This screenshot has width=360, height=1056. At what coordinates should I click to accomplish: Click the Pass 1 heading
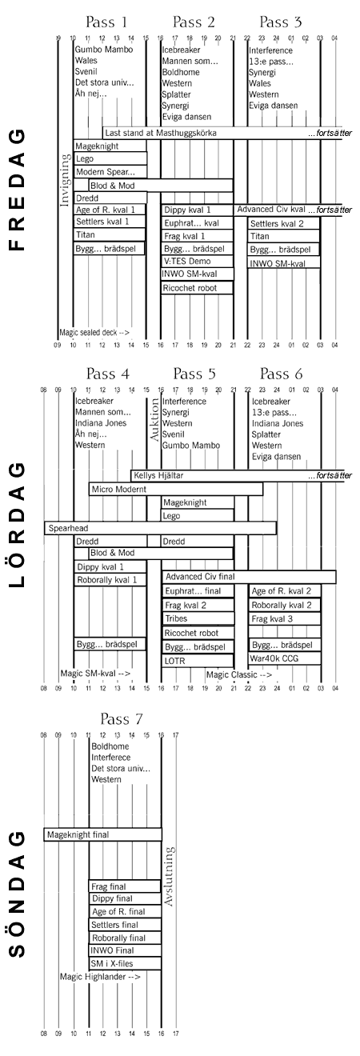[x=106, y=22]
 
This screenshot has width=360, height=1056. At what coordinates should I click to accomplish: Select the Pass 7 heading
[x=121, y=718]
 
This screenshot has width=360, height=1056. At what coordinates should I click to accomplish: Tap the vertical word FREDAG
[x=17, y=190]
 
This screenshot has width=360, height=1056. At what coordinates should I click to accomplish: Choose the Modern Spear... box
[x=110, y=171]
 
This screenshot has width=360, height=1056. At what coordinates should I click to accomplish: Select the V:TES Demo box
[x=198, y=261]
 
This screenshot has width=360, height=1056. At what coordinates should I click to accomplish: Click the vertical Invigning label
[x=65, y=180]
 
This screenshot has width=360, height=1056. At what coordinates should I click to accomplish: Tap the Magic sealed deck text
[x=94, y=332]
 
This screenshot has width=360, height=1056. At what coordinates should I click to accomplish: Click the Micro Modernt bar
[x=176, y=490]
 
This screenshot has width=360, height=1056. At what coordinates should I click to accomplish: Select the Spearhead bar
[x=160, y=528]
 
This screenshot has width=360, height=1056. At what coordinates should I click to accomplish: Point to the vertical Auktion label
[x=154, y=420]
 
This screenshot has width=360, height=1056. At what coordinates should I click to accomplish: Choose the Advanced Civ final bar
[x=249, y=577]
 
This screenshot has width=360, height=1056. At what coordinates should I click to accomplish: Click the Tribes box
[x=198, y=618]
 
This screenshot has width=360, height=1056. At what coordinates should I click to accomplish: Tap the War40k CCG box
[x=285, y=658]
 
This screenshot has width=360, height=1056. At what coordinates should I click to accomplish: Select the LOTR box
[x=198, y=661]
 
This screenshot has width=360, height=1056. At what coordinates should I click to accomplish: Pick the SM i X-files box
[x=125, y=963]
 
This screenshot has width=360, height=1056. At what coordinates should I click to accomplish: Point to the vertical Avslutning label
[x=169, y=877]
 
